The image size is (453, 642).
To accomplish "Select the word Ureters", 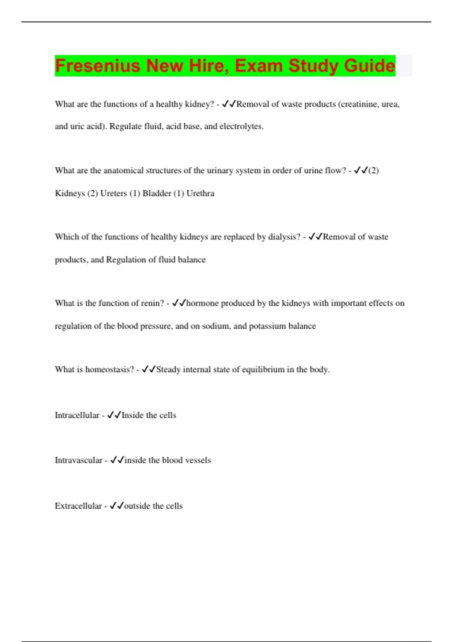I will click(x=113, y=193).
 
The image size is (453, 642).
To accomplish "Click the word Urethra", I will click(x=200, y=193).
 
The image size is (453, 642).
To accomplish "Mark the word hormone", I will click(x=202, y=303).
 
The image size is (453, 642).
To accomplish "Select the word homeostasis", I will click(x=109, y=369).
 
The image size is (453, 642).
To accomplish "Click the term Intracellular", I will click(x=77, y=415).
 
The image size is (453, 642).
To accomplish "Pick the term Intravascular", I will click(x=79, y=460).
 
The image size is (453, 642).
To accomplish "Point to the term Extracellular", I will click(x=78, y=506).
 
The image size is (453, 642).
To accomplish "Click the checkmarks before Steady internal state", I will click(x=149, y=369).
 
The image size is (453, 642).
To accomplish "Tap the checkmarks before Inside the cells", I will click(x=114, y=415).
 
